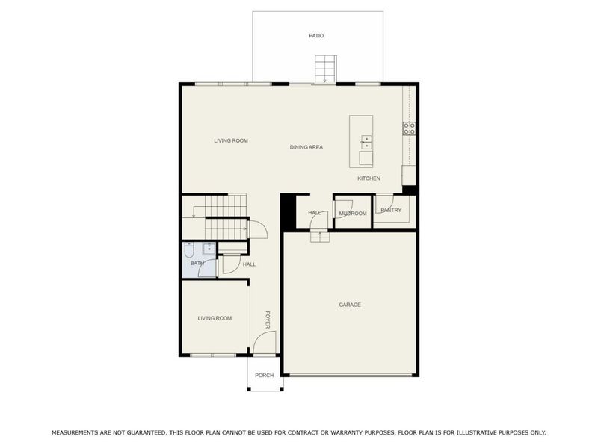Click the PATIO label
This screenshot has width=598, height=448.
pos(316,36)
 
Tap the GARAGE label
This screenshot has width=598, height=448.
pos(350,305)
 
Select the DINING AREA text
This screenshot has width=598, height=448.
pos(306,147)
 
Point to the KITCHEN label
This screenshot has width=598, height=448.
pos(369,178)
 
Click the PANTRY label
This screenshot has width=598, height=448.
pos(391,210)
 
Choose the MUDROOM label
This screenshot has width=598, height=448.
pos(353,214)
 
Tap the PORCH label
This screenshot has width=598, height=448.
pos(265,376)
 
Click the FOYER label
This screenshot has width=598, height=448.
pos(268,320)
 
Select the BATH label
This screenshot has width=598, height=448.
pos(197,263)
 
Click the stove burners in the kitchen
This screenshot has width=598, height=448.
pos(409,128)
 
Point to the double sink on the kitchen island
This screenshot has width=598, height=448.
pos(366,142)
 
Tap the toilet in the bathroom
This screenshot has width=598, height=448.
pos(189,249)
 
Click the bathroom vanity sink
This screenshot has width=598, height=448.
pos(209,249)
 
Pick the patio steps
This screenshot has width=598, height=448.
pos(325,69)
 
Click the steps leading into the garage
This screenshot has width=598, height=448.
pos(320,237)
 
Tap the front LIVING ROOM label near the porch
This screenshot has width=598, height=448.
pos(215,319)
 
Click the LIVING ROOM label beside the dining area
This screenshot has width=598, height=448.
pos(231,140)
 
